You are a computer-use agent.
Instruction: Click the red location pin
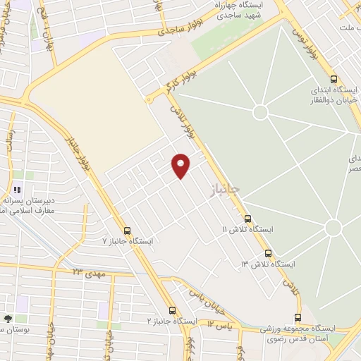(181, 165)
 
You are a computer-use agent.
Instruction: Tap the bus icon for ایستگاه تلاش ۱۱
(247, 219)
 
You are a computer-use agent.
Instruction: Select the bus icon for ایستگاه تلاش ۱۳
(267, 253)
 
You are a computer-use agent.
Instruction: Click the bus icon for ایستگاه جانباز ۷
(127, 231)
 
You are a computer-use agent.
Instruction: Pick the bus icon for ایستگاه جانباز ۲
(172, 310)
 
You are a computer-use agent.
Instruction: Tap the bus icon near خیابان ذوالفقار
(334, 79)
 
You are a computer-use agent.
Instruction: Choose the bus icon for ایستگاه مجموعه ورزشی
(298, 318)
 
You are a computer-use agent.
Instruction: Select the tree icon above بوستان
(8, 318)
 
